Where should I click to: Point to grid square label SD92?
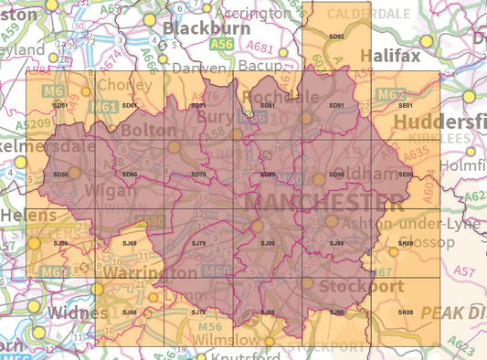335,37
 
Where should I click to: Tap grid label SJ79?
198,243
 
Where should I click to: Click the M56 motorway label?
211,326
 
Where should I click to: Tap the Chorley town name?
120,86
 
